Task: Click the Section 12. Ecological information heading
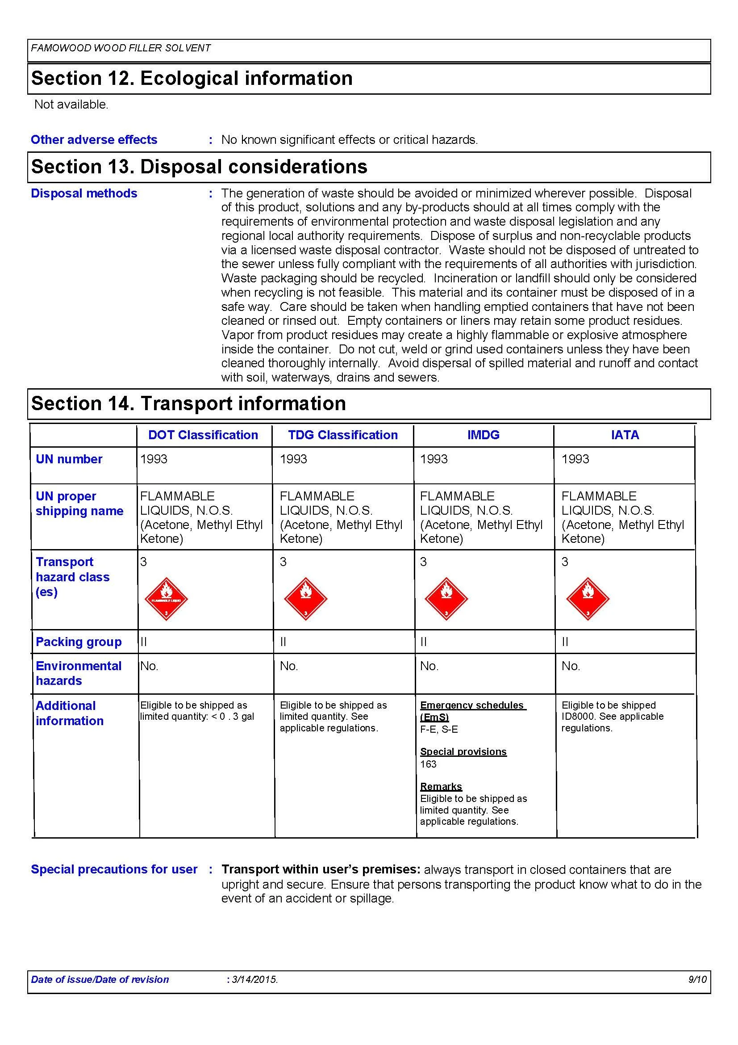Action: [192, 78]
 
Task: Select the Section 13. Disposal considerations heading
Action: [199, 167]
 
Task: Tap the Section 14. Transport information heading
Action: [188, 404]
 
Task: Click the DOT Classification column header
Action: [203, 435]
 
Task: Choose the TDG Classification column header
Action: [343, 435]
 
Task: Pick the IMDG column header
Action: [484, 435]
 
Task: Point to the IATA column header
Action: [625, 435]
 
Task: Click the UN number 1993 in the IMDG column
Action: [434, 459]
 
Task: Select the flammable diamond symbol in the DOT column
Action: [166, 599]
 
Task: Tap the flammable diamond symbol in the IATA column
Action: [588, 599]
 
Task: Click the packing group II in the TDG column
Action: [284, 642]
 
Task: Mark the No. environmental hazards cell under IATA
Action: [571, 666]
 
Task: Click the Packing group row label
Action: [79, 642]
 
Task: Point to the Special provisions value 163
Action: [428, 764]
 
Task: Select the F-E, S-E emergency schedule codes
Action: [439, 729]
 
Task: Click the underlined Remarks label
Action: [441, 786]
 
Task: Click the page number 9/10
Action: [697, 979]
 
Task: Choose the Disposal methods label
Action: [84, 193]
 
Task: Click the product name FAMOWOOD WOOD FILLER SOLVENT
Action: [121, 48]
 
